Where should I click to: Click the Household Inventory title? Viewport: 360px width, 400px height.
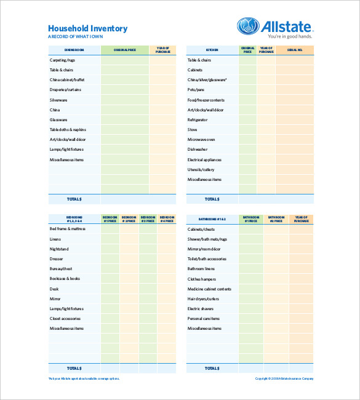[87, 28]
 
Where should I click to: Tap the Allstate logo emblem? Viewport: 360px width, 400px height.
[248, 26]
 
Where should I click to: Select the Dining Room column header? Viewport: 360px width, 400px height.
[74, 49]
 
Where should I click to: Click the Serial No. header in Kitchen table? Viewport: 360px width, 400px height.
[295, 49]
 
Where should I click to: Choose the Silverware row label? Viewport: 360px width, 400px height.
[58, 100]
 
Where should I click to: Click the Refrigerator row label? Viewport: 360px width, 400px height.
[198, 120]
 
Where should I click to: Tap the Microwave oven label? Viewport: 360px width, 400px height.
[201, 140]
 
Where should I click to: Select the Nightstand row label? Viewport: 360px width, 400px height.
[60, 249]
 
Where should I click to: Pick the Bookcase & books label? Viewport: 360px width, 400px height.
[65, 279]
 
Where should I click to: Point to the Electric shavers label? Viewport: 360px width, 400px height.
[201, 308]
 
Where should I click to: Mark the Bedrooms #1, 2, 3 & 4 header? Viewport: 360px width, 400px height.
[74, 218]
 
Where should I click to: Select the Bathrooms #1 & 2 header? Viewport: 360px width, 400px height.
[212, 218]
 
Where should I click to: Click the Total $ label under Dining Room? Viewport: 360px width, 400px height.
[74, 199]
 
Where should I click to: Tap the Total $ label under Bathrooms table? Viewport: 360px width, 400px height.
[212, 368]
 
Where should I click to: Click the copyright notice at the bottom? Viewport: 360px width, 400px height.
[284, 378]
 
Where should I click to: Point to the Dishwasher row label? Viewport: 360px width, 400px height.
[198, 150]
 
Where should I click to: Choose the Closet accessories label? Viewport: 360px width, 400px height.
[65, 318]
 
